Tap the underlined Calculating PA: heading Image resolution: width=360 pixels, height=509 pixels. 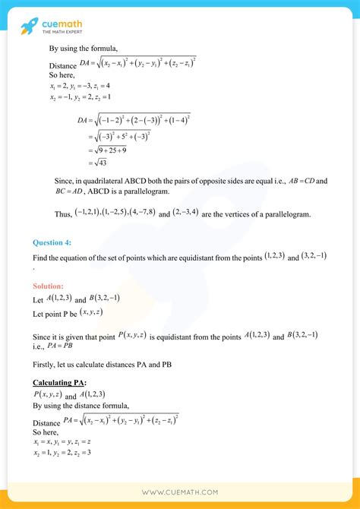pos(59,381)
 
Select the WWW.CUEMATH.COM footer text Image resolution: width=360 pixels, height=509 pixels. pos(180,493)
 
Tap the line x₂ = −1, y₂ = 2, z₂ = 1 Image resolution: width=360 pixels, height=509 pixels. pos(81,96)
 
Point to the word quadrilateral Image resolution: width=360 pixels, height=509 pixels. pos(105,181)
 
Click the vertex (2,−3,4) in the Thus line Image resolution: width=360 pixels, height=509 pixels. pos(187,214)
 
